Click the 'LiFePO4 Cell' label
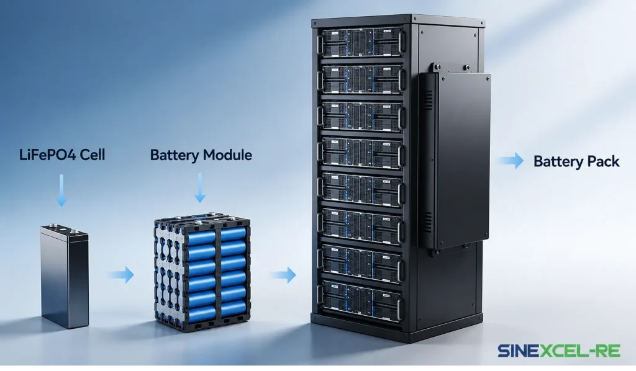62,154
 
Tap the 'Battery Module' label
201,155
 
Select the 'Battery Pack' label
576,161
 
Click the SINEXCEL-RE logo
559,351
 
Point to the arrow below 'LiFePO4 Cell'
61,190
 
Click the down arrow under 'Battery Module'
200,188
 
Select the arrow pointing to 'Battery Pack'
511,161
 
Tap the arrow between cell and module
121,275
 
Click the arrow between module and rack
283,275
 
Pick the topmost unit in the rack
361,42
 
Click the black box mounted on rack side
454,160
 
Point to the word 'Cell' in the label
93,154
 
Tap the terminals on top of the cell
64,230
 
